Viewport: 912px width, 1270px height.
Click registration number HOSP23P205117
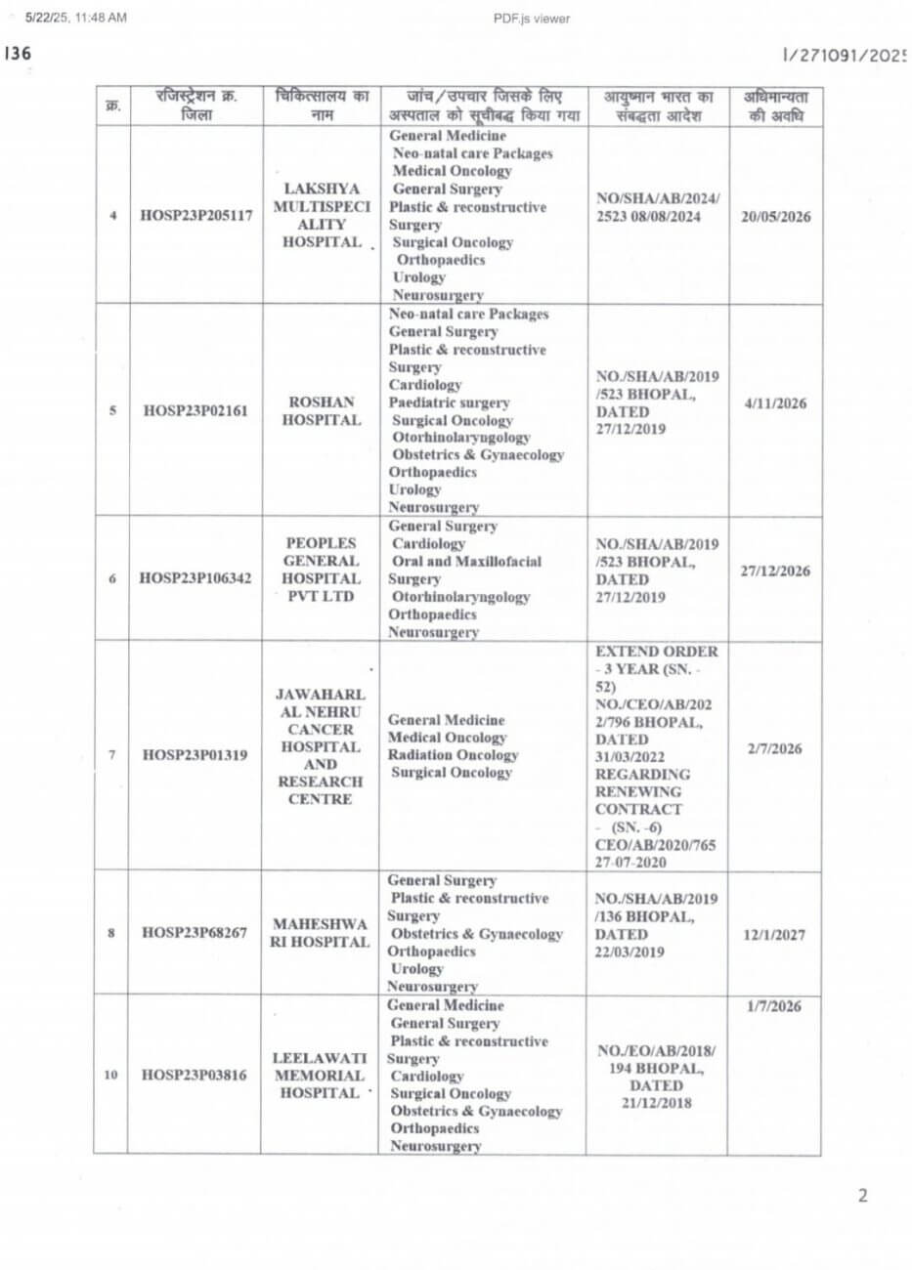click(195, 216)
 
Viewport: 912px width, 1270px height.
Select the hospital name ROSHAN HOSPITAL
click(322, 411)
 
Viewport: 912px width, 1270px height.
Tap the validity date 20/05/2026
click(775, 217)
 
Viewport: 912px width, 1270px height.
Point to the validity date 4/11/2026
click(775, 402)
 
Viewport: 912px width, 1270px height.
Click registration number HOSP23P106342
click(195, 578)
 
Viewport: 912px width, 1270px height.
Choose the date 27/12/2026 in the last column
click(775, 571)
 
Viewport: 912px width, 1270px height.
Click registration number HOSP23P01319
click(195, 754)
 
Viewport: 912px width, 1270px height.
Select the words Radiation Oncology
click(453, 755)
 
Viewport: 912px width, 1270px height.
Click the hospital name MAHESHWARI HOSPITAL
click(321, 933)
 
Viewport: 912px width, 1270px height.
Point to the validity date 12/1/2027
click(774, 934)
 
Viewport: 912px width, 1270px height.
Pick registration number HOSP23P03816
click(195, 1075)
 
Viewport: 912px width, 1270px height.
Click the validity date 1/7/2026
click(774, 1006)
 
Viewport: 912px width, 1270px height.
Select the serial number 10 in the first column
click(110, 1075)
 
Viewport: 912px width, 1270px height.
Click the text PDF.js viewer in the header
click(533, 18)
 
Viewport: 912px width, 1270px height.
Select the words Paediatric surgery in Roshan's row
click(449, 402)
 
